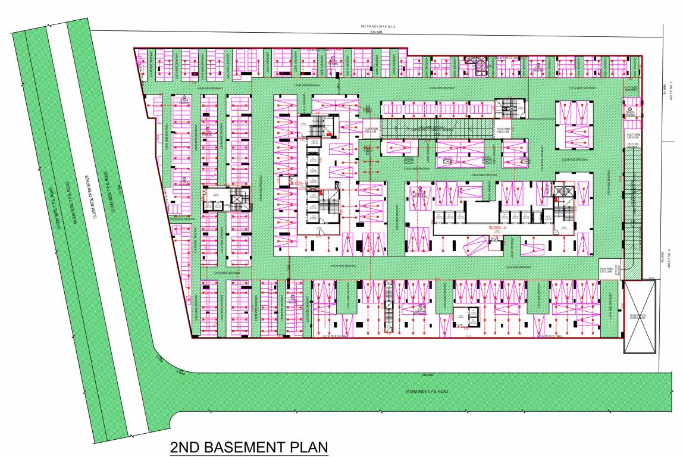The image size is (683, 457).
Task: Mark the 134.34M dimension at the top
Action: [x=377, y=33]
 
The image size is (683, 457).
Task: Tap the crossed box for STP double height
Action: [x=640, y=317]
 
